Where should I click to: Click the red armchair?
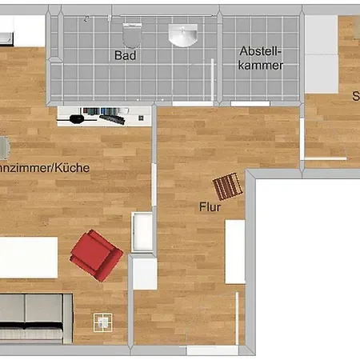click(x=96, y=254)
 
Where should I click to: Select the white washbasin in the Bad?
click(x=184, y=34)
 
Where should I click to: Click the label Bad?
click(x=125, y=56)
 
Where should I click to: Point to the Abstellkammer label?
click(x=261, y=58)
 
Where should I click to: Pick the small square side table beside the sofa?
click(x=102, y=322)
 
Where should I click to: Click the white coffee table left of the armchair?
click(x=28, y=257)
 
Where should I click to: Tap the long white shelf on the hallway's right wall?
click(x=234, y=251)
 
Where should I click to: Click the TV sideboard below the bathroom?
click(x=104, y=117)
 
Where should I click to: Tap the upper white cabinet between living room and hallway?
click(x=142, y=232)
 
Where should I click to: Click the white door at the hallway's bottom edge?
click(x=212, y=350)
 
